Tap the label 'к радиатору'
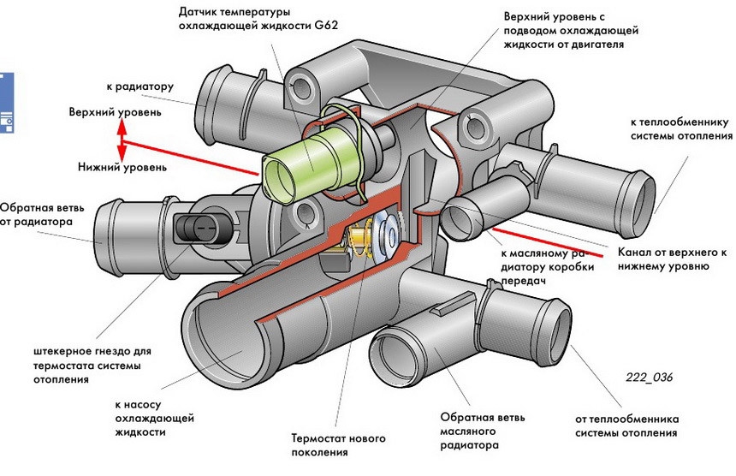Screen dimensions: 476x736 tap(141, 86)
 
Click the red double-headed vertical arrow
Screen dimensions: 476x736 tap(122, 139)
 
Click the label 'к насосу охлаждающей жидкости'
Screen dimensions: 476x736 tap(154, 418)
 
